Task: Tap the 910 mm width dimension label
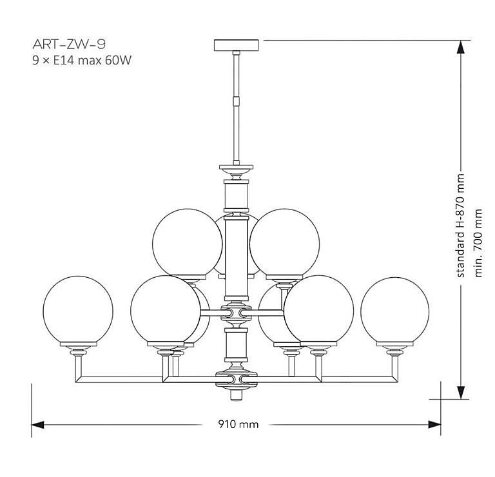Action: pos(238,424)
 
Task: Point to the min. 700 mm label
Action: pos(478,242)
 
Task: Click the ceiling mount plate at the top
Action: pos(238,45)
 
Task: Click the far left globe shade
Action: pos(77,309)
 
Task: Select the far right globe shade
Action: pos(394,309)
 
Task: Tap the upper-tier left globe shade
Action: pos(187,242)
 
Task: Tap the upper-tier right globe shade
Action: pos(285,242)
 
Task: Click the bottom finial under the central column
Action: pos(237,393)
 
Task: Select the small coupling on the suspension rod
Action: pos(237,100)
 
